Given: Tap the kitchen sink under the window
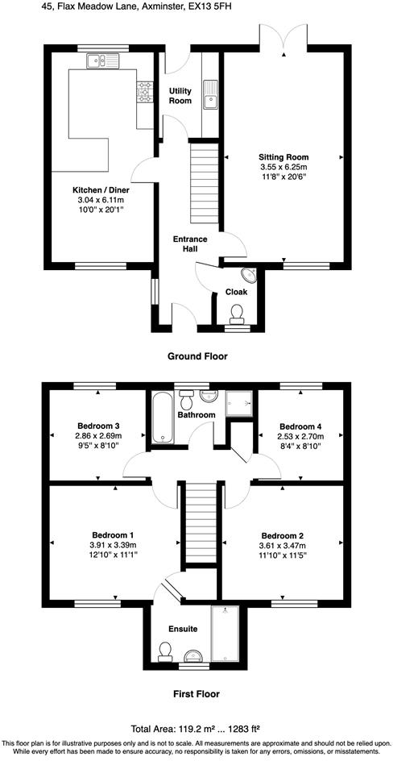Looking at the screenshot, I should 101,60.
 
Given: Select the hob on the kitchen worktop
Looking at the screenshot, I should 146,93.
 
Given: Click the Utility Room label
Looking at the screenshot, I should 180,96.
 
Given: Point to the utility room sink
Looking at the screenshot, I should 212,94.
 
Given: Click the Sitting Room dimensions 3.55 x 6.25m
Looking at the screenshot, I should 283,167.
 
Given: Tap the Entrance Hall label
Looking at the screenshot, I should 190,244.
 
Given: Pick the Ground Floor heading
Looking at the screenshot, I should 196,356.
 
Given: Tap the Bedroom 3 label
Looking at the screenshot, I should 98,426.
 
